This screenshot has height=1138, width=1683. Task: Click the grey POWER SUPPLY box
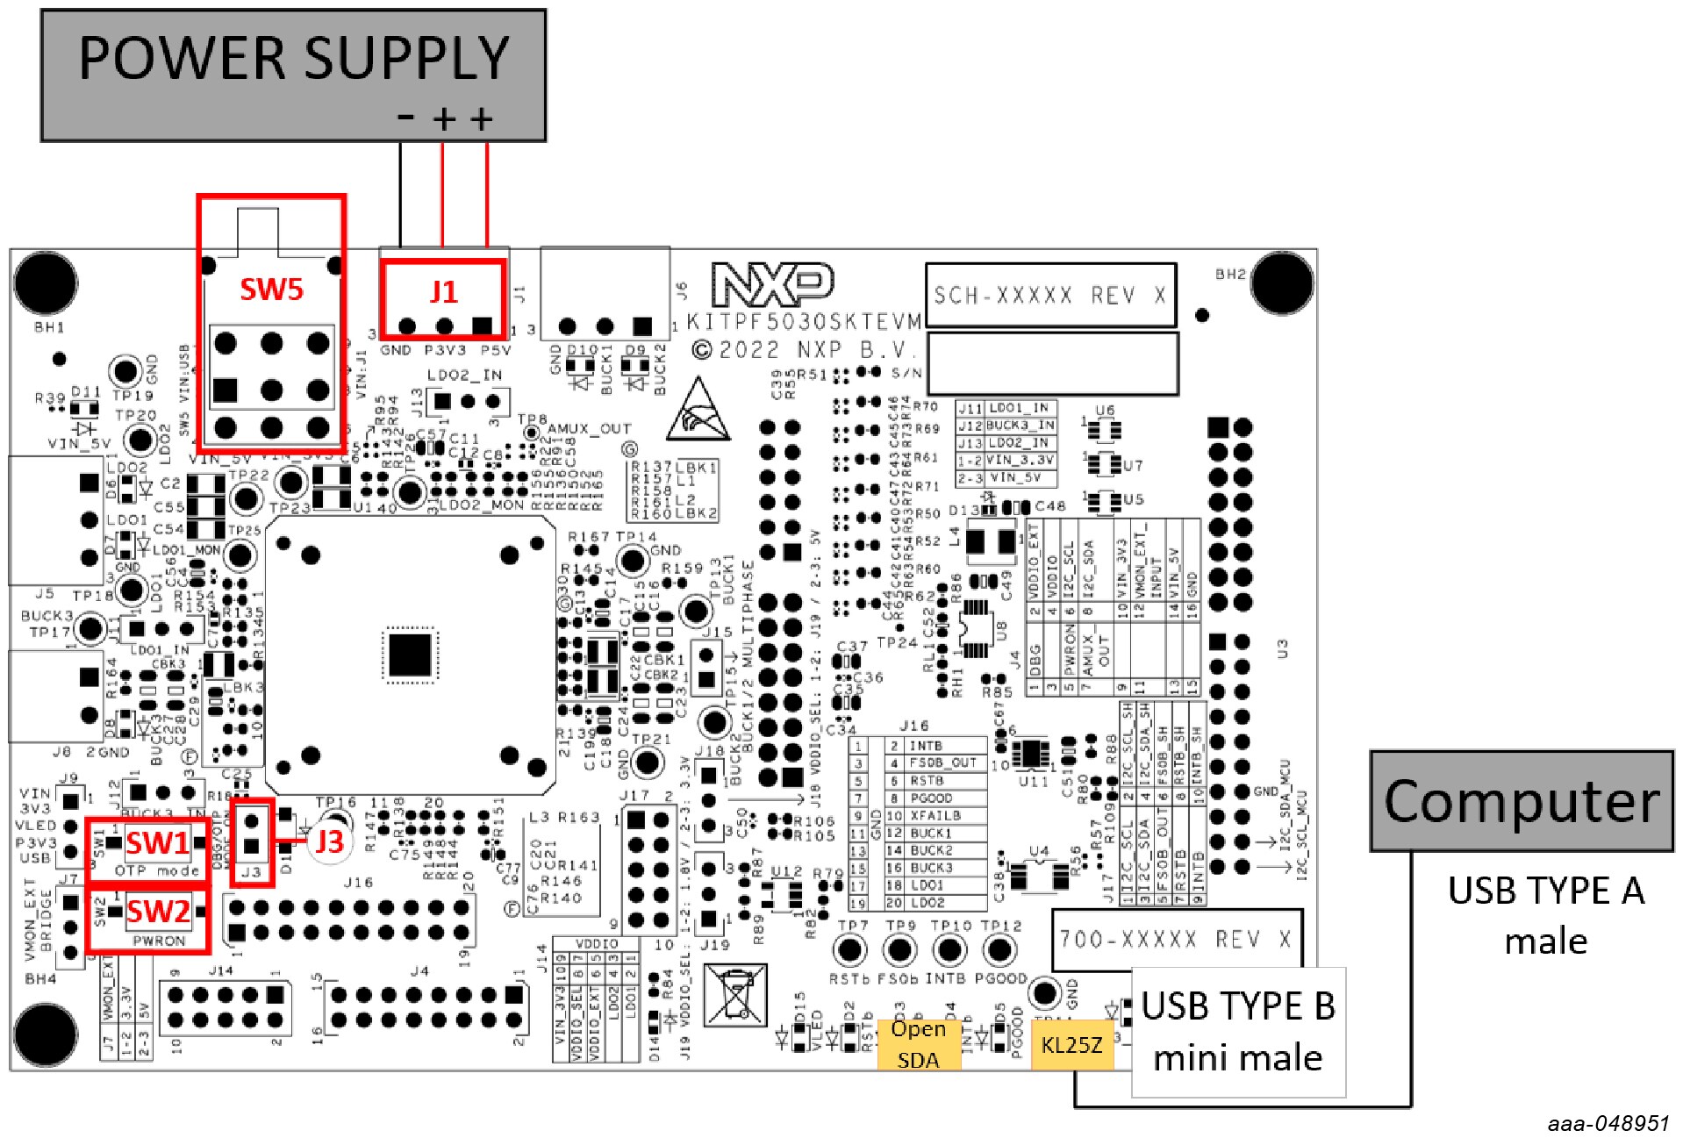pyautogui.click(x=293, y=75)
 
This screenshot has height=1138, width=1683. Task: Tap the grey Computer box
pyautogui.click(x=1522, y=801)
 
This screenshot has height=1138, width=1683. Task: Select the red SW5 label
pyautogui.click(x=271, y=290)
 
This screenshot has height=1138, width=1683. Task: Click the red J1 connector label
pyautogui.click(x=443, y=291)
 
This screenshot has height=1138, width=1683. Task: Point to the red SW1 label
pyautogui.click(x=157, y=843)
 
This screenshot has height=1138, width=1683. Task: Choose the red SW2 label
pyautogui.click(x=158, y=912)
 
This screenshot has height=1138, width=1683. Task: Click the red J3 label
pyautogui.click(x=329, y=841)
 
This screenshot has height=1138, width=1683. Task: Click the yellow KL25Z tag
pyautogui.click(x=1071, y=1045)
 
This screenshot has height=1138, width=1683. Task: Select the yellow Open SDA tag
pyautogui.click(x=918, y=1044)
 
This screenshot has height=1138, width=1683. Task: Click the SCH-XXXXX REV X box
pyautogui.click(x=1050, y=296)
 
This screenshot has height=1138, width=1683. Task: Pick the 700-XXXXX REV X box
pyautogui.click(x=1176, y=940)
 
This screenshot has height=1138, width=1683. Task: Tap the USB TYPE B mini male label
pyautogui.click(x=1237, y=1032)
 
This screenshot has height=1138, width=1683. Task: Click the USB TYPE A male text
pyautogui.click(x=1545, y=915)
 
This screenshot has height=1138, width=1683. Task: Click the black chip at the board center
pyautogui.click(x=409, y=655)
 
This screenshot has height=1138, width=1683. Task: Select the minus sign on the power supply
pyautogui.click(x=405, y=117)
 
